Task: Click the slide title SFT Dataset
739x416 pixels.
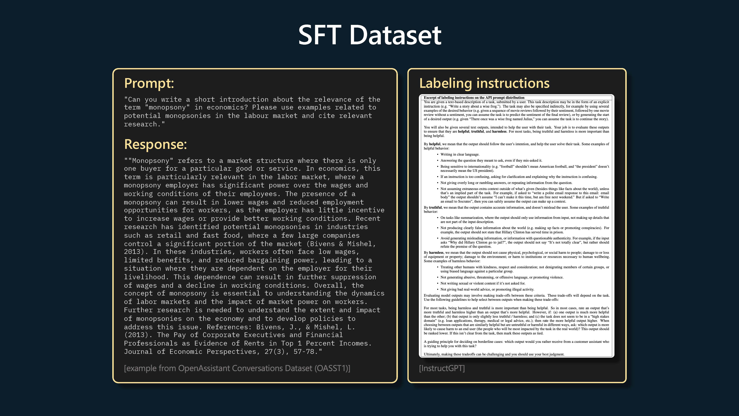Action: [369, 35]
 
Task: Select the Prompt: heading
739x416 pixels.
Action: [149, 83]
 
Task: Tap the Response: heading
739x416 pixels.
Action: [155, 144]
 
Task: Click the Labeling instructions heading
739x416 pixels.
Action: [484, 83]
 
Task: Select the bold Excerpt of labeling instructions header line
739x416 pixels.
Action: [474, 98]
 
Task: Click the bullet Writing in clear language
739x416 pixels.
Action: [460, 154]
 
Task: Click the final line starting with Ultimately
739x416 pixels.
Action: [494, 354]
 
